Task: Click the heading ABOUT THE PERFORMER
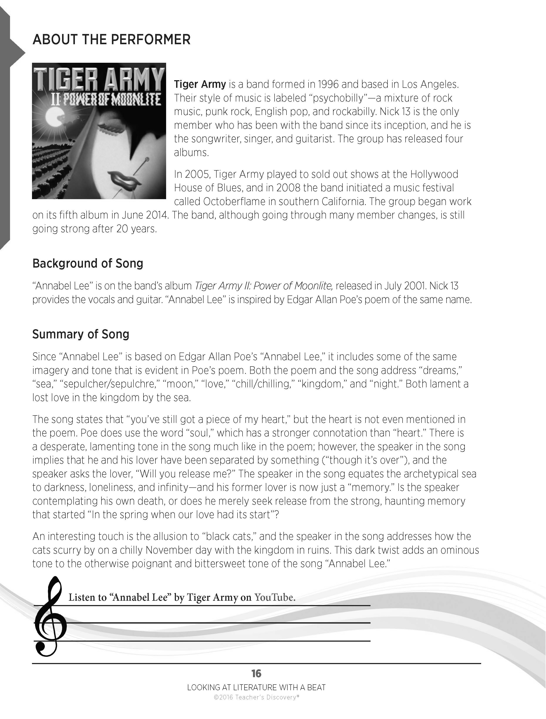point(111,40)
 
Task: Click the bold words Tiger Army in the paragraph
point(200,84)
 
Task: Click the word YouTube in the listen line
point(275,597)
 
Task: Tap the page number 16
point(256,673)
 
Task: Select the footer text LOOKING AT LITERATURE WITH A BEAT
point(256,687)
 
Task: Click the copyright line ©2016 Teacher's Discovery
point(256,697)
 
